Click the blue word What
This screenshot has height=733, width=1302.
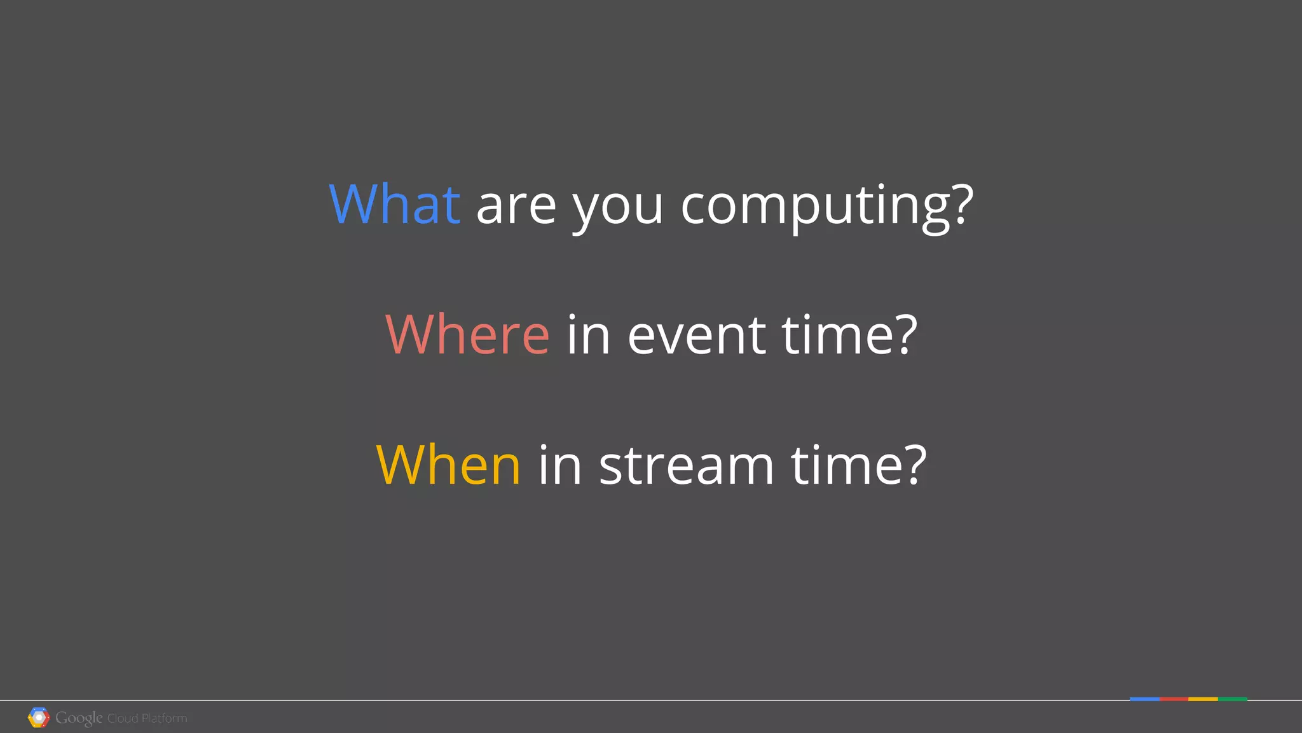[x=394, y=204]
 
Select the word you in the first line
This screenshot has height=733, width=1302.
[x=618, y=207]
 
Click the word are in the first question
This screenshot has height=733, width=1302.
[x=516, y=207]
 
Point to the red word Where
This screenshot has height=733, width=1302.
[x=467, y=334]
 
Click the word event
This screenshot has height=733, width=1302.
[x=696, y=335]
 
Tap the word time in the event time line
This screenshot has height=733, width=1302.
[x=849, y=334]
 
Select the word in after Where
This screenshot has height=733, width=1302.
[x=588, y=335]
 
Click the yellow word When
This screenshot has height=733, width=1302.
[x=448, y=465]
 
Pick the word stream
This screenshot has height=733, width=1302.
[x=687, y=466]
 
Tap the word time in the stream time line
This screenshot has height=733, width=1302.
[x=858, y=465]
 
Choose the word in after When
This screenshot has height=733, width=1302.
[x=560, y=465]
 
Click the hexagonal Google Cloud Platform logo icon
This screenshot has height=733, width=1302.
[x=39, y=717]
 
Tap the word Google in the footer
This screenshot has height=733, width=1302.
[x=79, y=718]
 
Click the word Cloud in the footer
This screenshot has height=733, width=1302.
[x=123, y=718]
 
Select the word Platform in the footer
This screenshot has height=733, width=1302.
[x=164, y=718]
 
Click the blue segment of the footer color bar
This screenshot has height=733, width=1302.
[x=1144, y=699]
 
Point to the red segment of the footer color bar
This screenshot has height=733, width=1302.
[x=1174, y=699]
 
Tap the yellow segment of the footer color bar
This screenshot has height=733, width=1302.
[x=1203, y=699]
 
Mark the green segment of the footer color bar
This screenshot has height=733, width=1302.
[x=1233, y=699]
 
